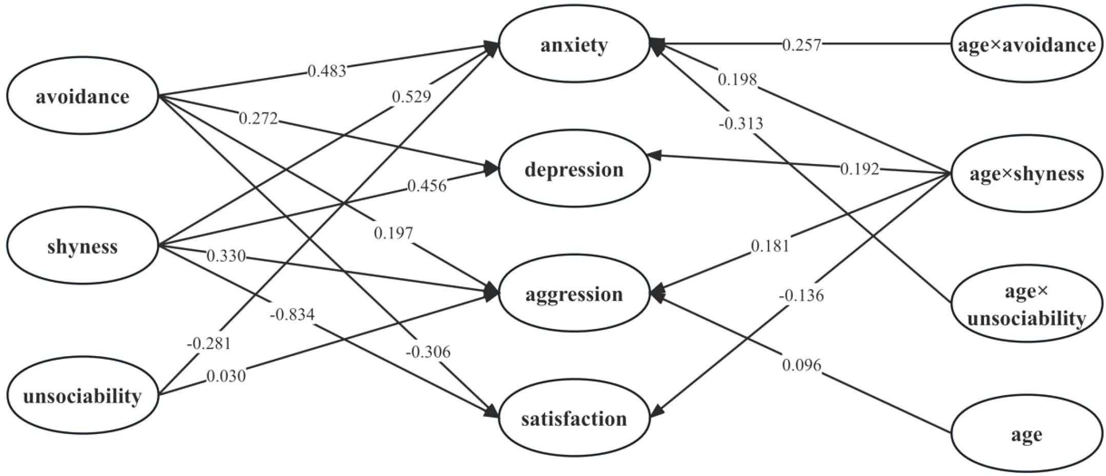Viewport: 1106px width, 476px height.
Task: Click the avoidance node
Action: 82,96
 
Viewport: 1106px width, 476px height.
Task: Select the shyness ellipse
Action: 82,247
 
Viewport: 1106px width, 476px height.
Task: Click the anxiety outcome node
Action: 574,45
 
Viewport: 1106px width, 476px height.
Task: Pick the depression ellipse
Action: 574,170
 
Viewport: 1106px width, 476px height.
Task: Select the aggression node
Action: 574,294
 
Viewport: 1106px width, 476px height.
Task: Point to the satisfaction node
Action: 574,419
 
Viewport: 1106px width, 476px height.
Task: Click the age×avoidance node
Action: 1027,45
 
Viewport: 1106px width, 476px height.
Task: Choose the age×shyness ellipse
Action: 1027,174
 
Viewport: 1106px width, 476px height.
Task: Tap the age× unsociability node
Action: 1027,305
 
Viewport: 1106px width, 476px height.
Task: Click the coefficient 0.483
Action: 327,71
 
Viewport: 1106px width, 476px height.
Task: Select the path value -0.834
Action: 292,314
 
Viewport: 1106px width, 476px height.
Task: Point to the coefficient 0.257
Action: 801,45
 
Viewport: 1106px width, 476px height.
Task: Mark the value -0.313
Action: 740,123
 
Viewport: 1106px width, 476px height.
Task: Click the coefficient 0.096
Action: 801,365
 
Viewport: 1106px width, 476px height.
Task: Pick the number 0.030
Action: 226,377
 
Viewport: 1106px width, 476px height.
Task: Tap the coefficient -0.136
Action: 801,296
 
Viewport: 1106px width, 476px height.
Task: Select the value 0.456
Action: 427,185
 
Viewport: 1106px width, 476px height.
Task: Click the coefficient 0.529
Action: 411,96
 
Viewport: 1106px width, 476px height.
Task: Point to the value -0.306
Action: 427,352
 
